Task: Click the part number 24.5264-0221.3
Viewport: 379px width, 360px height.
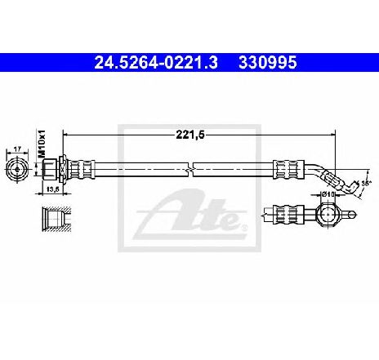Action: [x=156, y=63]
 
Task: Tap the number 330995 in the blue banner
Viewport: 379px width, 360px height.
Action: [x=268, y=63]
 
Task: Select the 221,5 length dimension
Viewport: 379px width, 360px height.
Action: [x=190, y=135]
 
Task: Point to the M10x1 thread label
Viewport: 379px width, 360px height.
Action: [x=42, y=144]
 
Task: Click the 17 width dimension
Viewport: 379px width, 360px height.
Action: [x=17, y=149]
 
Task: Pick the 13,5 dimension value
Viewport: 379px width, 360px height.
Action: [x=52, y=189]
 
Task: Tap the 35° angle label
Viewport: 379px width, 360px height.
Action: [x=366, y=184]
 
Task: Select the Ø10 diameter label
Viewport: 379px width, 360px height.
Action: [x=328, y=194]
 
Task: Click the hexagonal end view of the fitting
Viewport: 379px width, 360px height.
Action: [x=17, y=170]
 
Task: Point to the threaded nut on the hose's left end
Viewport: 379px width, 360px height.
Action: [x=50, y=169]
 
